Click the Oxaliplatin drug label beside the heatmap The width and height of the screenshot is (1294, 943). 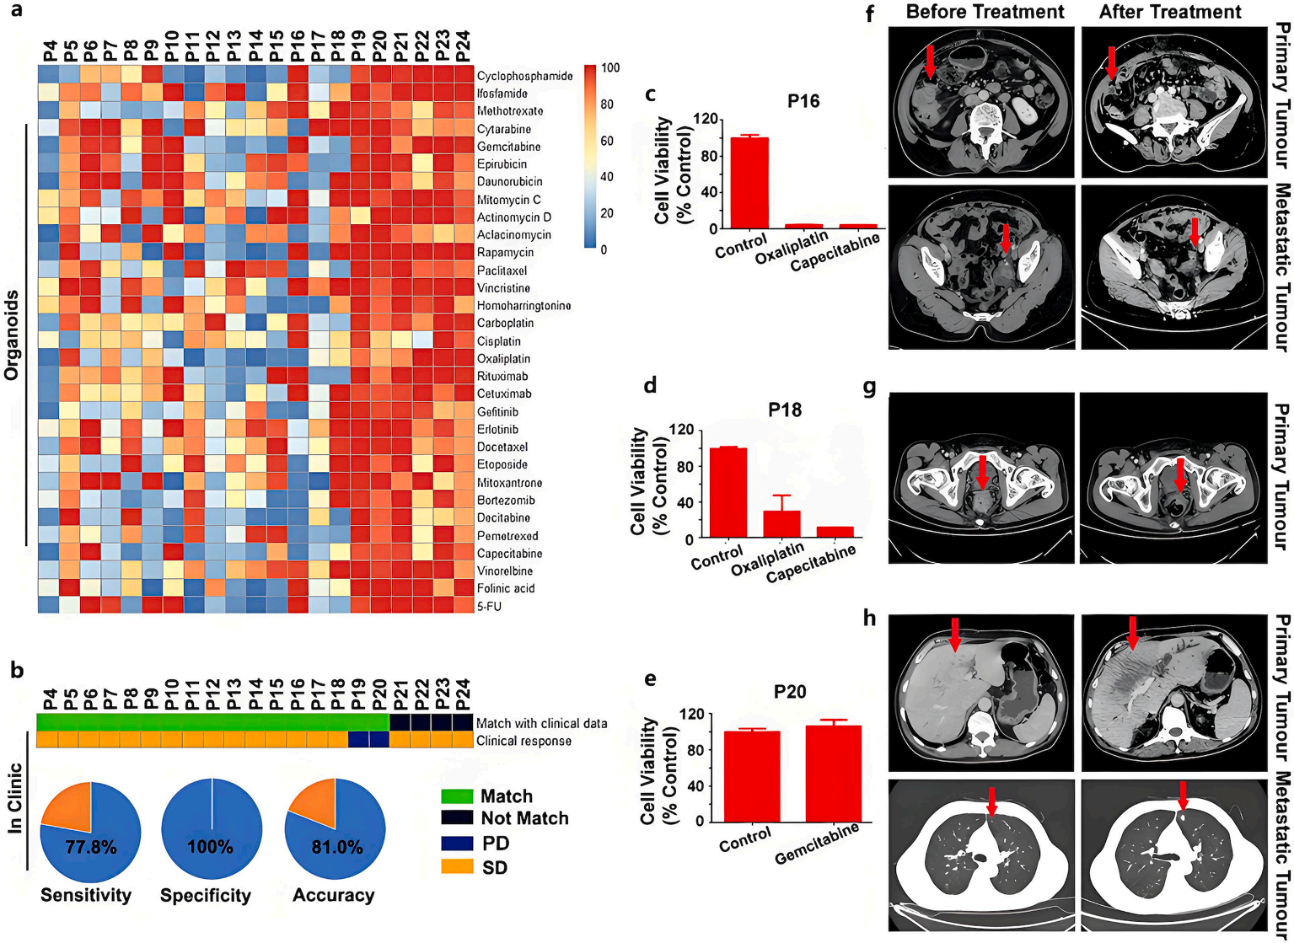click(503, 359)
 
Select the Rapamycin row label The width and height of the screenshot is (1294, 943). click(505, 253)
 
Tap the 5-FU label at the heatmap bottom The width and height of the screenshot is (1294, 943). click(489, 607)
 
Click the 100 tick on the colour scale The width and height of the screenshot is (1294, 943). click(610, 68)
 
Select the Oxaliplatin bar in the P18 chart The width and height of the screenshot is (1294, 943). click(781, 524)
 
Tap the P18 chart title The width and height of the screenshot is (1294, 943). click(784, 410)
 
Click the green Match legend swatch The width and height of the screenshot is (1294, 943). click(455, 796)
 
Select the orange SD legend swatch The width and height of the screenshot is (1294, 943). click(455, 867)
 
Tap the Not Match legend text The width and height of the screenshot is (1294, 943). click(524, 818)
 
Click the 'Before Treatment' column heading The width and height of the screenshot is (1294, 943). click(985, 12)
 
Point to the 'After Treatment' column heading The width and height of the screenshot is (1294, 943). click(1170, 12)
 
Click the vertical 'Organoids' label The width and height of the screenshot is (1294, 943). click(12, 335)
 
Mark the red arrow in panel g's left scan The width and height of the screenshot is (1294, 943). click(982, 471)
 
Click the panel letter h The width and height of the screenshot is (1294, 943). click(869, 619)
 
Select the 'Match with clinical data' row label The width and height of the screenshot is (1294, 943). click(541, 723)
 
